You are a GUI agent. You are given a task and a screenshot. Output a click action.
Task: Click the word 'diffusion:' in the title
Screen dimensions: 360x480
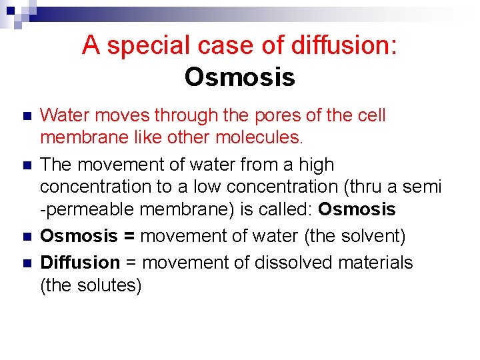pyautogui.click(x=344, y=45)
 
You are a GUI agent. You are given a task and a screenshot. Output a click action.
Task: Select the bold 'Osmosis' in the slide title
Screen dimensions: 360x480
pyautogui.click(x=239, y=77)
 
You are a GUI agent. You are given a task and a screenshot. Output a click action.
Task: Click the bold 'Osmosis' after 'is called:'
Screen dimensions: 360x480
pyautogui.click(x=357, y=209)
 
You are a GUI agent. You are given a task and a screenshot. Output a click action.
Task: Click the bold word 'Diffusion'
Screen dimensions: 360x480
pyautogui.click(x=80, y=263)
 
